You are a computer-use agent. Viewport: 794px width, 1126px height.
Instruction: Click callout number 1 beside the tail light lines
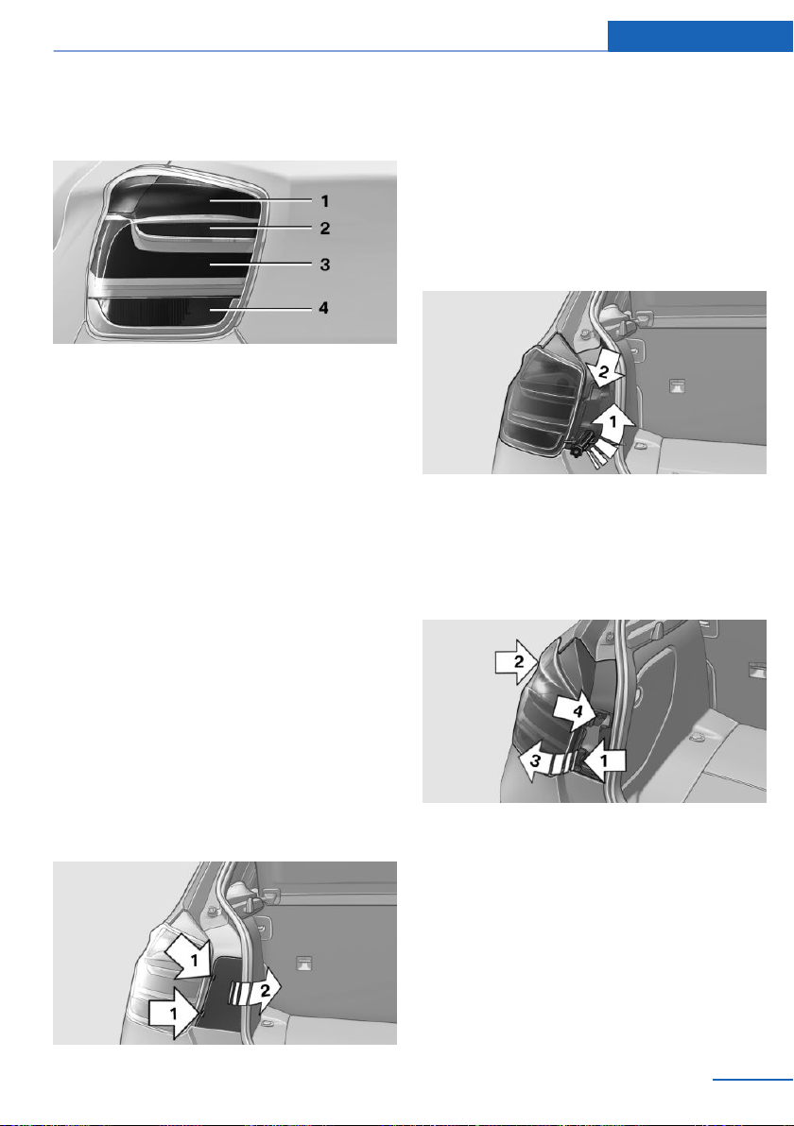coord(325,201)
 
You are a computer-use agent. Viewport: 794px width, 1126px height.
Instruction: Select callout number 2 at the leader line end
coord(325,229)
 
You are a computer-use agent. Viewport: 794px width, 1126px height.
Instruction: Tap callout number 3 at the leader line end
coord(325,264)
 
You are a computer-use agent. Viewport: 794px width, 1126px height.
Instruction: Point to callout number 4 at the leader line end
coord(324,307)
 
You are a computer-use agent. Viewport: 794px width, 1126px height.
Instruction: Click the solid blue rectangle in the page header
coord(699,36)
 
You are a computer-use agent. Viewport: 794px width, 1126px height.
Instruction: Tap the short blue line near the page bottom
coord(753,1079)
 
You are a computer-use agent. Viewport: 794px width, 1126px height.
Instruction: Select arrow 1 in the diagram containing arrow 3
coord(604,759)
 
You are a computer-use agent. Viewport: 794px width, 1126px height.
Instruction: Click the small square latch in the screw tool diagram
coord(677,385)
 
